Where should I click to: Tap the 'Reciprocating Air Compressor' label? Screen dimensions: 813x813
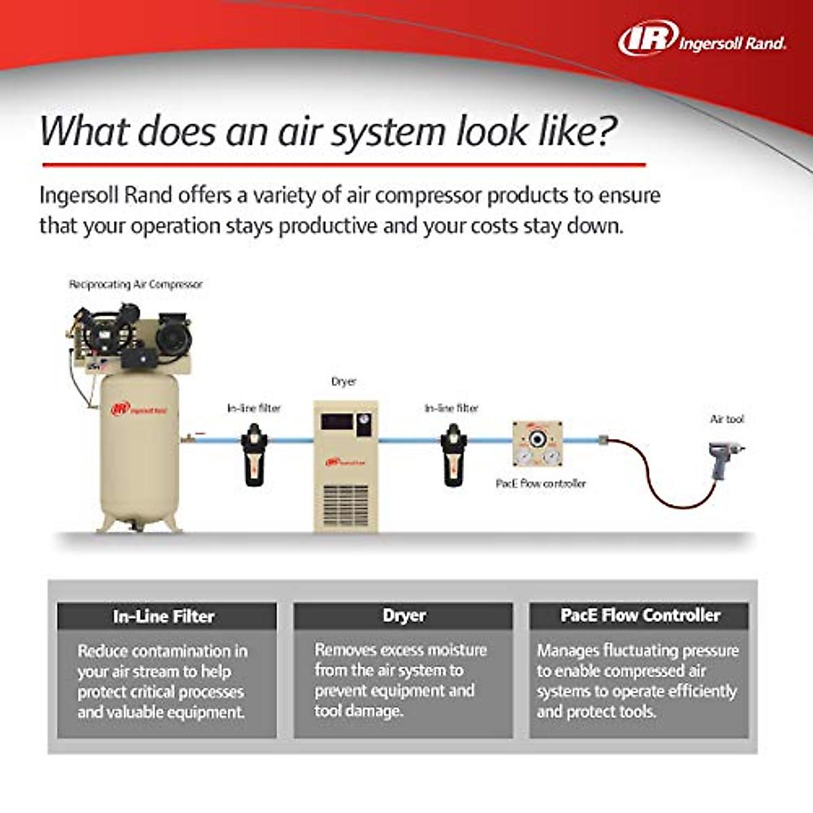coord(135,285)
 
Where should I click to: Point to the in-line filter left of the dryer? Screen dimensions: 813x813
coord(254,454)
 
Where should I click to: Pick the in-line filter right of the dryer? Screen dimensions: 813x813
coord(453,454)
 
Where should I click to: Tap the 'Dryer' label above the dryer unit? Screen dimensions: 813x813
coord(343,381)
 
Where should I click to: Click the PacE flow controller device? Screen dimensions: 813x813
coord(537,444)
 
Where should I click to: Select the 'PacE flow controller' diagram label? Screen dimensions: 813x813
coord(541,484)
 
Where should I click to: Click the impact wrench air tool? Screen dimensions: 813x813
coord(723,455)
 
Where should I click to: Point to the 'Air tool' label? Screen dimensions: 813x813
coord(726,419)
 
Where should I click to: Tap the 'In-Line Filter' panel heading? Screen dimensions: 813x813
coord(164,617)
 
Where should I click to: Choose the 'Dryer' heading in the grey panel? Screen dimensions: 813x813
coord(404,616)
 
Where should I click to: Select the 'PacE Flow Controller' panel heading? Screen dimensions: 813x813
coord(640,616)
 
